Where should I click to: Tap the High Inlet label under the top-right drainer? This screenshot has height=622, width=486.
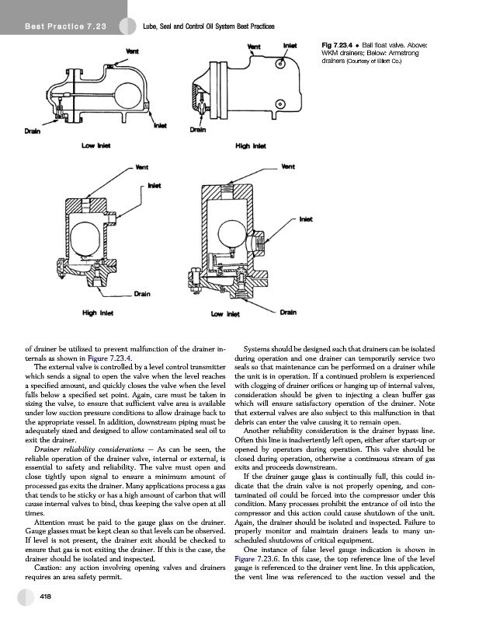pyautogui.click(x=247, y=145)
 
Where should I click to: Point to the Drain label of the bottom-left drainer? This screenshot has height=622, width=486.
pyautogui.click(x=141, y=293)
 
